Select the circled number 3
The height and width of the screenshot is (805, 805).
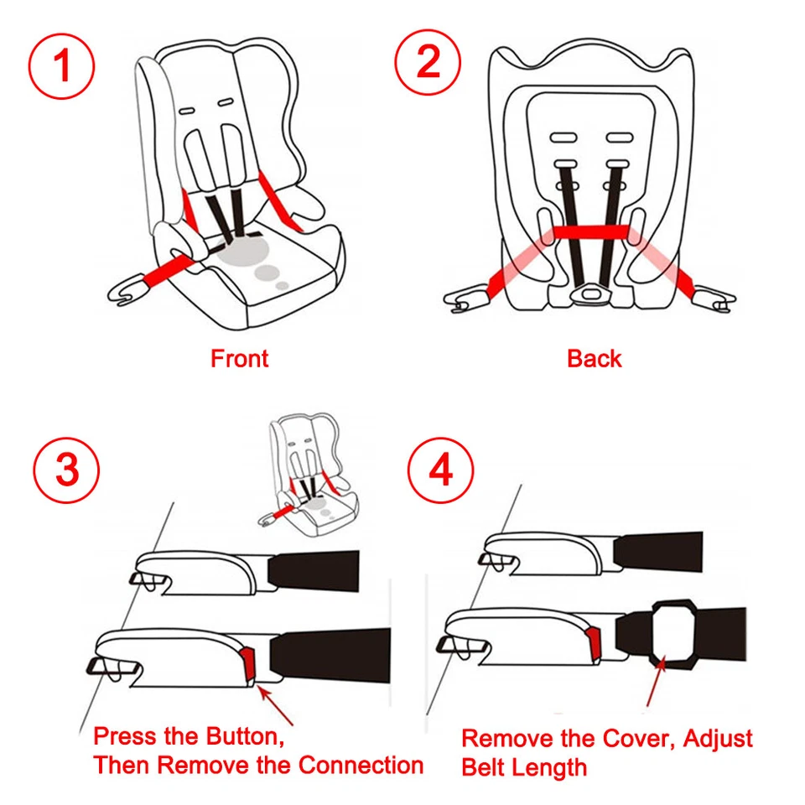[67, 470]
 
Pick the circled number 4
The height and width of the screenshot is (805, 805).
[440, 470]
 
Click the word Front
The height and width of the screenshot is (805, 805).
[239, 359]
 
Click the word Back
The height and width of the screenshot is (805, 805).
[594, 359]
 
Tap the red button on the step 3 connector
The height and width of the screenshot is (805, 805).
[249, 662]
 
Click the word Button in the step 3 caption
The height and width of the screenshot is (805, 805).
[240, 737]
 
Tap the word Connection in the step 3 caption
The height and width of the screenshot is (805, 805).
[361, 765]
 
